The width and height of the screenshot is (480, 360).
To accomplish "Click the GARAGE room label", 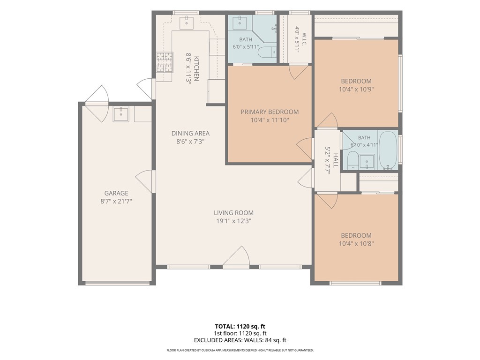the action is (116, 193).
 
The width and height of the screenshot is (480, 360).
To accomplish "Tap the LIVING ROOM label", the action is (233, 213).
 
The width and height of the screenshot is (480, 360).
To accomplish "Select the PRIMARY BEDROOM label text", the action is (270, 112).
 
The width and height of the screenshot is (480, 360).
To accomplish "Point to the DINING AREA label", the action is (190, 133).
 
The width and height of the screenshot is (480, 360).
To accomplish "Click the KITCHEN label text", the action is (196, 68).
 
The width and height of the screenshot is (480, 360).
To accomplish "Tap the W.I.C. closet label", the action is (304, 40).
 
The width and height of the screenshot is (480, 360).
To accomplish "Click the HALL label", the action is (336, 160).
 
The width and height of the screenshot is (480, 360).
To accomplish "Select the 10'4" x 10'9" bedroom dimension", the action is (356, 90).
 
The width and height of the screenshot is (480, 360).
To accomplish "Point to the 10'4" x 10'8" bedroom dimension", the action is (356, 244).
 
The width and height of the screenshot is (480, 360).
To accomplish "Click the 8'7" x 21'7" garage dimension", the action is (116, 202).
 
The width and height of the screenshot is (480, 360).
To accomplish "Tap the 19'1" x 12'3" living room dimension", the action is (233, 221).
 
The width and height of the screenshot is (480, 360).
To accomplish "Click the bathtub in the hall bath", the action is (388, 150).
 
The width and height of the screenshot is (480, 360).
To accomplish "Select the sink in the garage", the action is (121, 114).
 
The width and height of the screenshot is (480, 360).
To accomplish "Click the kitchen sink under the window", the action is (187, 22).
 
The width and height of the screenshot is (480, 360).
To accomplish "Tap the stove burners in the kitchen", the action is (165, 62).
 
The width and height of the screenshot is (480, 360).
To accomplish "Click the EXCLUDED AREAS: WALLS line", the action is (240, 340).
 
